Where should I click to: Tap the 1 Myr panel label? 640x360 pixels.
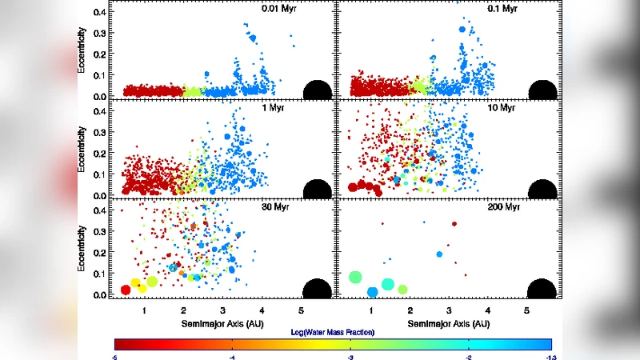[281, 108]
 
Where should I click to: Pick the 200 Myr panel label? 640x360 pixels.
[505, 207]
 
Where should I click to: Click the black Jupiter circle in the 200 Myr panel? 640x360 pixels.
[542, 290]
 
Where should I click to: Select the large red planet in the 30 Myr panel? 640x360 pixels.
[126, 290]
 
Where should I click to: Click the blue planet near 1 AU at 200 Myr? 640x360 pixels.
[372, 292]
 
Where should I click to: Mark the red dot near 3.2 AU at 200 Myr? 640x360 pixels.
[454, 224]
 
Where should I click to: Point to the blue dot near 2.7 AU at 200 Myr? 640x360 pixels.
[439, 254]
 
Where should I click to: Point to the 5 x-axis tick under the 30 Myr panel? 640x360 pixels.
[300, 310]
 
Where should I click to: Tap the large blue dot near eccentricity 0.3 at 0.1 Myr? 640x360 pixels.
[462, 30]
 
